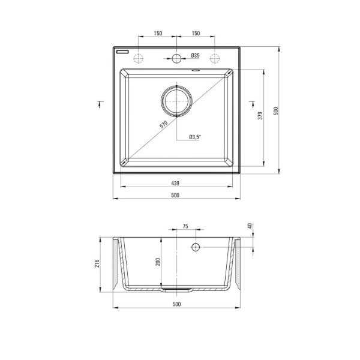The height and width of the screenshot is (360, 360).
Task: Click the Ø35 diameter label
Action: coord(196,55)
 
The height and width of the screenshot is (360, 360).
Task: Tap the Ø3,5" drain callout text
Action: coord(195,137)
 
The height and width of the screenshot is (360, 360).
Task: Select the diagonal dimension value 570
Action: coord(164,124)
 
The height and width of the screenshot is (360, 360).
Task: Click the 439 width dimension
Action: coord(175,183)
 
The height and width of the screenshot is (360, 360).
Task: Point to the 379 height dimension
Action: coord(260,116)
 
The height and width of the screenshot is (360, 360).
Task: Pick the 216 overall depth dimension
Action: coord(97,263)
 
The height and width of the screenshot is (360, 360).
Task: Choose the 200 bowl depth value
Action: coord(158,262)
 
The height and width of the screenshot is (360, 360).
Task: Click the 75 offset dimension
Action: coord(185,226)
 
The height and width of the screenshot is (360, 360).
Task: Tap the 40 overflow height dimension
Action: coord(250,226)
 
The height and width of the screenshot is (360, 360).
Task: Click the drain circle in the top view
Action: coord(176,101)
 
